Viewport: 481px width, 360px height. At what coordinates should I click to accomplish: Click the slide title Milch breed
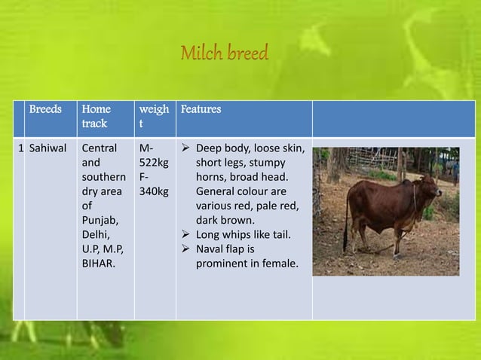(x=224, y=55)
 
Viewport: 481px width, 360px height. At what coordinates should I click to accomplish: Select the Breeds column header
(x=45, y=109)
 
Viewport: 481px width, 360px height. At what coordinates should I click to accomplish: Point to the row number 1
(x=20, y=148)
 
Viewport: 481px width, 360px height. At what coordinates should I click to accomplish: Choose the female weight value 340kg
(x=153, y=192)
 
